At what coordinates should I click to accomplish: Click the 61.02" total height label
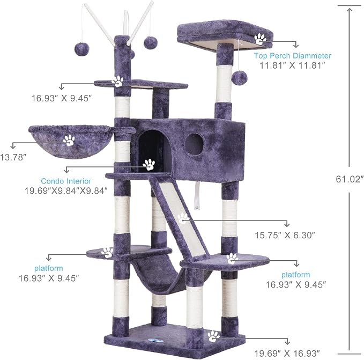(x=350, y=179)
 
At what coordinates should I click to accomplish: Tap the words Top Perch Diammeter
(x=293, y=56)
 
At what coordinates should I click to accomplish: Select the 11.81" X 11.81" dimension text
(x=292, y=65)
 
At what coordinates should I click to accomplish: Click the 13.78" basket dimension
(x=12, y=157)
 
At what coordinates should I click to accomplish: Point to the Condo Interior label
(x=66, y=181)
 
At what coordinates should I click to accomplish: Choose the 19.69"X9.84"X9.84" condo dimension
(x=66, y=191)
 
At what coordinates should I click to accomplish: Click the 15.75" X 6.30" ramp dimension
(x=285, y=236)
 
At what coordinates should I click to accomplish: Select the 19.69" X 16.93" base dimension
(x=287, y=354)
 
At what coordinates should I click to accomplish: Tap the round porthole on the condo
(x=195, y=144)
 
